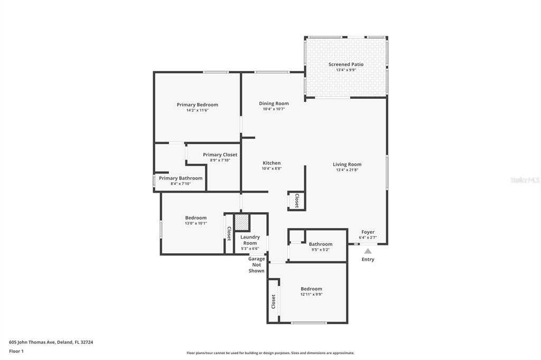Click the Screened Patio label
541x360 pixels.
tap(346, 64)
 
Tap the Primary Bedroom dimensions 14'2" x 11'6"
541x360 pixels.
tap(198, 110)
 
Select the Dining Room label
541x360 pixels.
tap(274, 103)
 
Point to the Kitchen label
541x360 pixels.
tap(272, 163)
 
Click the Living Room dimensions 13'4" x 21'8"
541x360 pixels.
tap(347, 169)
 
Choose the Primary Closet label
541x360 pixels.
tap(220, 155)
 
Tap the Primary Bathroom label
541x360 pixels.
tap(181, 178)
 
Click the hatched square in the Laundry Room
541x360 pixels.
tap(241, 222)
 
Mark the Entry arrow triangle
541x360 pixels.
tap(368, 251)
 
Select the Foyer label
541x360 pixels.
tap(368, 232)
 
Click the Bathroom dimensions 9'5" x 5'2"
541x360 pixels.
tap(321, 250)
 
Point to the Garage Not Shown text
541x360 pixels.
tap(256, 265)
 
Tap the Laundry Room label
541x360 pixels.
tap(250, 240)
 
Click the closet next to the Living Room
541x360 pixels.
tap(296, 201)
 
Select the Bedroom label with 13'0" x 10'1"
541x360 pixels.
tap(195, 218)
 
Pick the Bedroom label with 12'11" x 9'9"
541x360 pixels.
tap(311, 289)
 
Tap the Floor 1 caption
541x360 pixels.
tap(16, 352)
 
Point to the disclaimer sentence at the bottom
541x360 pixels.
tap(270, 353)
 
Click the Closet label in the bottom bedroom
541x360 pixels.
tap(273, 301)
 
